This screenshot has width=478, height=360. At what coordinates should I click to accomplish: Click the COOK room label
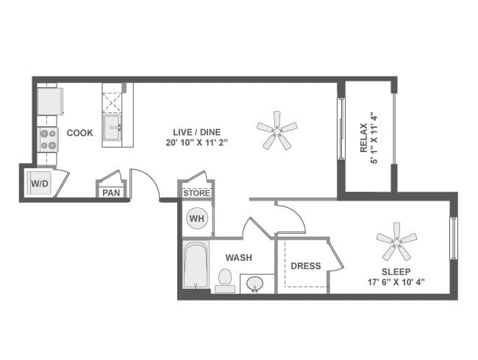[79, 133]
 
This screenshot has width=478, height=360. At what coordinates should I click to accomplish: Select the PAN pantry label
[111, 192]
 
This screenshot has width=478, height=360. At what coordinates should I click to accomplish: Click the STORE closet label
[196, 193]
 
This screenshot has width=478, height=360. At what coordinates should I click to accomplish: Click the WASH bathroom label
[239, 258]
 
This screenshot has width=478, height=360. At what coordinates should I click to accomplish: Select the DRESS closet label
[306, 265]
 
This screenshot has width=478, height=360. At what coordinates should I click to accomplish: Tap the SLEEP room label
[396, 270]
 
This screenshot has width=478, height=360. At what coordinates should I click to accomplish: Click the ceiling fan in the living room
[277, 131]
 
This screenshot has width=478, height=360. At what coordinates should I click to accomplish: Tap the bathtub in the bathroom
[196, 267]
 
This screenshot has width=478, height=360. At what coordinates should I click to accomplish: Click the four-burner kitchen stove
[48, 140]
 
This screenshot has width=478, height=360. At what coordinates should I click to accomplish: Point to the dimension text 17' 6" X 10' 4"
[396, 281]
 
